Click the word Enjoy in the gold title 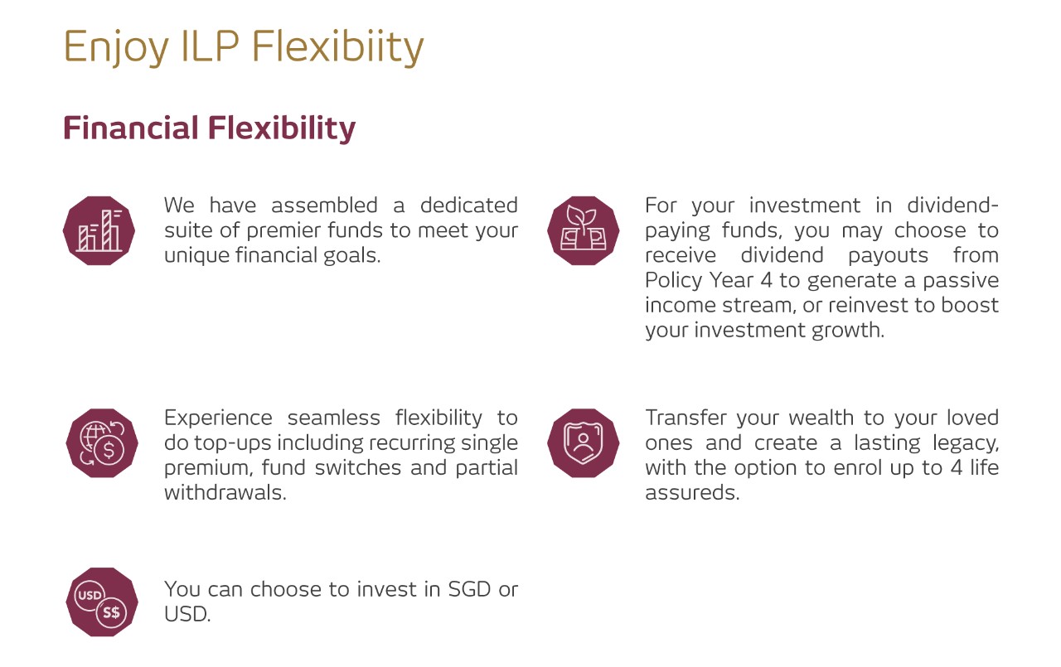(116, 47)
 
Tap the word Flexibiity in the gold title (337, 47)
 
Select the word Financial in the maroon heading (130, 128)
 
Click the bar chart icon (99, 230)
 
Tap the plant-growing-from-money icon (583, 230)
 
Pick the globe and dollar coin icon (102, 443)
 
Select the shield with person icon (583, 443)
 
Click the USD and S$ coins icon (102, 602)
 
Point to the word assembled (324, 205)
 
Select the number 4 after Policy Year (766, 280)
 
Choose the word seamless (334, 418)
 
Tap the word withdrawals (225, 493)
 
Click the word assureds (692, 493)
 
